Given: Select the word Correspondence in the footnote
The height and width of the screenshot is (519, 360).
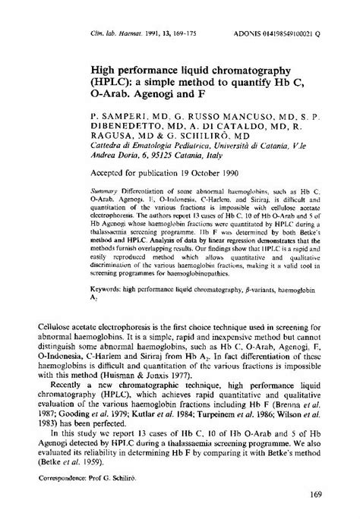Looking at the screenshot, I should pos(63,480).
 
